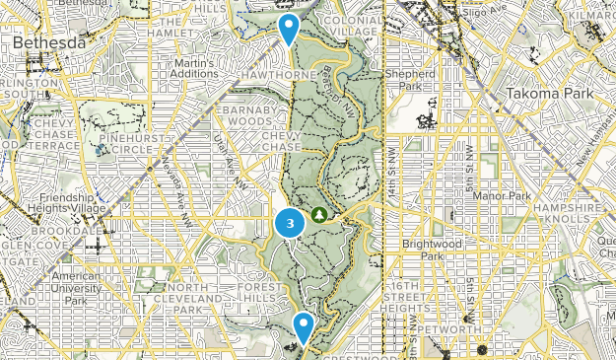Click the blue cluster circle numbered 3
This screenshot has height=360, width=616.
coord(289,224)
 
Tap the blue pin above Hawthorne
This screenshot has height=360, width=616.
coord(289,28)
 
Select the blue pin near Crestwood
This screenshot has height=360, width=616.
coord(304,324)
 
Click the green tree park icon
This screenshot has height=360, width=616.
coord(319,214)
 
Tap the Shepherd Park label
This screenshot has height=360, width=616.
coord(411,79)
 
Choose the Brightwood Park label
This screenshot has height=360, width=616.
coord(426,249)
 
